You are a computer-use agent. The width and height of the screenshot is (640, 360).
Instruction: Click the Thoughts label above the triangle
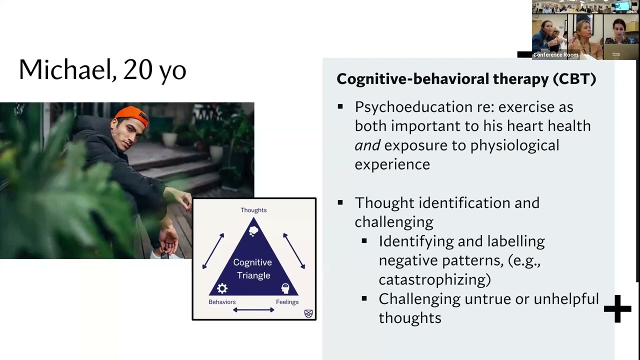pyautogui.click(x=253, y=210)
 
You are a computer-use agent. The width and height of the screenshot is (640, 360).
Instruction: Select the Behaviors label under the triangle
pyautogui.click(x=222, y=302)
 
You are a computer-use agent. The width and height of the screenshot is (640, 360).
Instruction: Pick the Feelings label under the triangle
pyautogui.click(x=287, y=302)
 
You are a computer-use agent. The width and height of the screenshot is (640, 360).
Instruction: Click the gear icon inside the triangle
pyautogui.click(x=222, y=288)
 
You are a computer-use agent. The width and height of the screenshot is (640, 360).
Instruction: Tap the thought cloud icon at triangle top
pyautogui.click(x=253, y=230)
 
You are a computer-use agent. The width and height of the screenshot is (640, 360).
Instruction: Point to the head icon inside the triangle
pyautogui.click(x=285, y=288)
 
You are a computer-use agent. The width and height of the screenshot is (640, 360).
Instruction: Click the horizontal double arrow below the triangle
pyautogui.click(x=253, y=310)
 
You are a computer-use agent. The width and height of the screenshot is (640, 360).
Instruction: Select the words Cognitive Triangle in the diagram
pyautogui.click(x=253, y=268)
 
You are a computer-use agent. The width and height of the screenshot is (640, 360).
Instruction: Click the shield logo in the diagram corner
pyautogui.click(x=308, y=313)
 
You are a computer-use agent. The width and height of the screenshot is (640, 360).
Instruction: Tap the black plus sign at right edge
pyautogui.click(x=617, y=308)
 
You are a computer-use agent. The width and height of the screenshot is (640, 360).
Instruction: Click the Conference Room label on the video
pyautogui.click(x=555, y=55)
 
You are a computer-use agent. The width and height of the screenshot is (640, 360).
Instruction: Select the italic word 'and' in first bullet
pyautogui.click(x=367, y=145)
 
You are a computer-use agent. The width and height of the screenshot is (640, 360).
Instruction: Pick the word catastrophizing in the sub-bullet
pyautogui.click(x=433, y=279)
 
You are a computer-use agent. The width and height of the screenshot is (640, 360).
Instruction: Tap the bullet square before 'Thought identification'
pyautogui.click(x=340, y=202)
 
